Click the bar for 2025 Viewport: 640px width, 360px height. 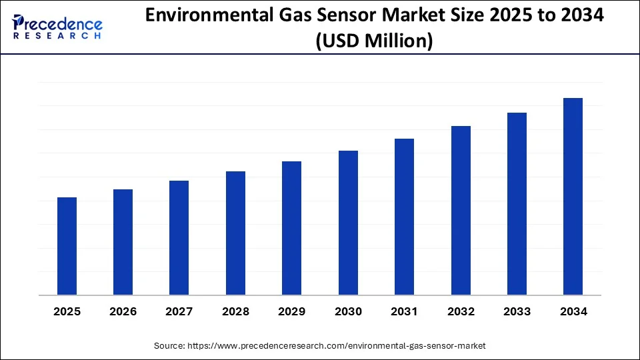click(67, 246)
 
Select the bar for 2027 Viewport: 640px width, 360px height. click(179, 238)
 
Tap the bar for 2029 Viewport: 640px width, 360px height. click(292, 228)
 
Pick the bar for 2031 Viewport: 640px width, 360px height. click(405, 217)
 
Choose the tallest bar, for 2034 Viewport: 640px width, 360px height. click(573, 197)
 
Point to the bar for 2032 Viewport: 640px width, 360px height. click(461, 211)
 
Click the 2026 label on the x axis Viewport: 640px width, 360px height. click(123, 311)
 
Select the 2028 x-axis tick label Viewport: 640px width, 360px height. click(236, 311)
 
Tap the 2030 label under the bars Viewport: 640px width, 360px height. click(348, 311)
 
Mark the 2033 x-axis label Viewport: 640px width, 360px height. click(517, 311)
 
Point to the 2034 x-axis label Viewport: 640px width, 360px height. click(573, 311)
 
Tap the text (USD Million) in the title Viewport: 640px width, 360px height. click(375, 41)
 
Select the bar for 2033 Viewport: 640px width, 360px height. click(517, 204)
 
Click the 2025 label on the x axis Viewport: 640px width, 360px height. click(67, 311)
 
